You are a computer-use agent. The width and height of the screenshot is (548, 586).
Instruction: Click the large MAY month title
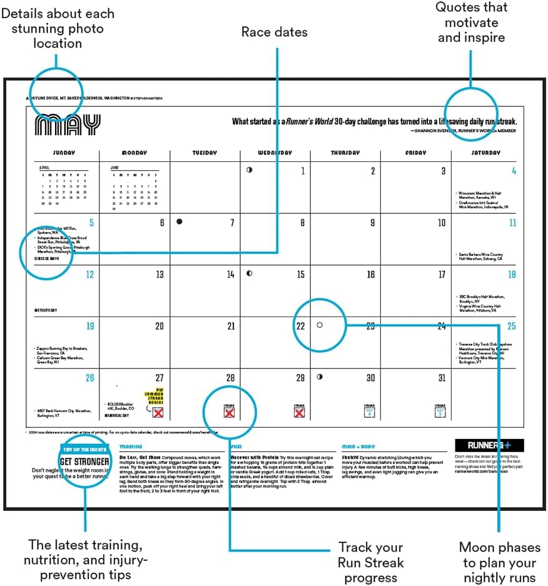pos(68,125)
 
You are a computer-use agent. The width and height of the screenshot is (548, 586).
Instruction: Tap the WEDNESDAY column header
pos(275,153)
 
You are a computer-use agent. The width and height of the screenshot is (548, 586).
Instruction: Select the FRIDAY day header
pos(415,153)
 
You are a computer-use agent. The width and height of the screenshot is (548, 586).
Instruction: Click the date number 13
pos(160,275)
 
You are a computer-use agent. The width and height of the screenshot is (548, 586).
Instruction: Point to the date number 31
pos(442,378)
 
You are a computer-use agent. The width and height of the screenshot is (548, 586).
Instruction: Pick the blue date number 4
pos(514,171)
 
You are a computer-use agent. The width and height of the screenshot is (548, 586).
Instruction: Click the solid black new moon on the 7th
pos(180,222)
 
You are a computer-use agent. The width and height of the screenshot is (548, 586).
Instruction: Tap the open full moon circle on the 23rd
pos(320,325)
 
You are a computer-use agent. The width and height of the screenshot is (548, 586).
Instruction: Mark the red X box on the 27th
pos(158,413)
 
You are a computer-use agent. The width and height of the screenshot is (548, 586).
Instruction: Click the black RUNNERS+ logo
pos(489,445)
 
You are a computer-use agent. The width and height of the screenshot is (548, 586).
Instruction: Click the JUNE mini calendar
pos(134,185)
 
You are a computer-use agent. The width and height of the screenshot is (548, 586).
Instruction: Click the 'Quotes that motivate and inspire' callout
pos(472,23)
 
